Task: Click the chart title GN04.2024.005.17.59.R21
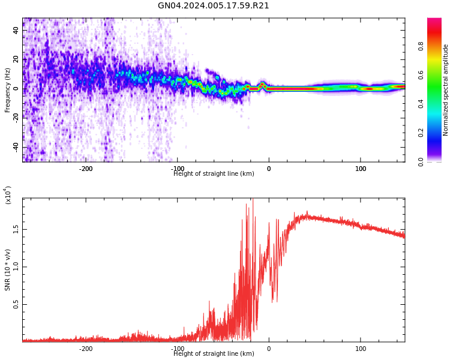(x=213, y=6)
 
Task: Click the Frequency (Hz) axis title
(x=8, y=90)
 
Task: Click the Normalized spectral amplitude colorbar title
(x=446, y=90)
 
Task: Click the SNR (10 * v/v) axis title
(x=8, y=270)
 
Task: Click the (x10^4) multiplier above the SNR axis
(x=8, y=196)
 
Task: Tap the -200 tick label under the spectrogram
(x=86, y=169)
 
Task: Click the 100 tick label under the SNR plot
(x=361, y=349)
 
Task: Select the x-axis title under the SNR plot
(x=214, y=354)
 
